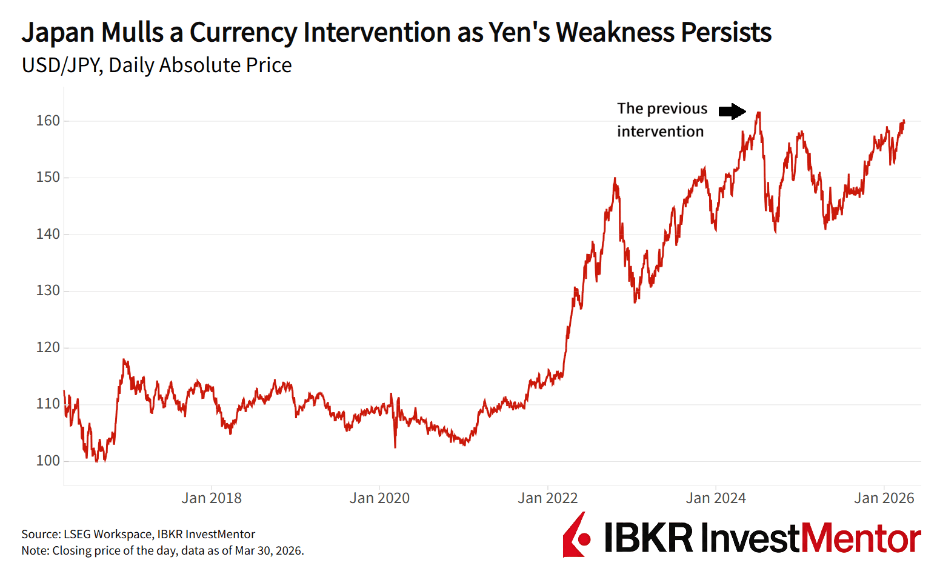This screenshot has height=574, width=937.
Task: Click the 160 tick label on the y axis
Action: click(x=48, y=121)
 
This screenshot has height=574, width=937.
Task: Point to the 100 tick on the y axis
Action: click(x=48, y=461)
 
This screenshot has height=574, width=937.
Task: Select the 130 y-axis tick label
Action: click(x=48, y=290)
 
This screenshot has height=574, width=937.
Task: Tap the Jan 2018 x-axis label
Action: click(x=212, y=498)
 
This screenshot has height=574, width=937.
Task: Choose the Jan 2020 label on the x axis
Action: click(x=379, y=498)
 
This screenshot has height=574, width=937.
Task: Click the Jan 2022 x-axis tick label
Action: click(x=548, y=498)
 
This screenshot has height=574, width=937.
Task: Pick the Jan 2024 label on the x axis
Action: click(x=716, y=498)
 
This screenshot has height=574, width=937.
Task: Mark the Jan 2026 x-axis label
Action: click(x=884, y=498)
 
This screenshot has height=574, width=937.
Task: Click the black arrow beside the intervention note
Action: click(x=732, y=111)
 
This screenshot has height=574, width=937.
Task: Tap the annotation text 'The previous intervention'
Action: click(x=662, y=120)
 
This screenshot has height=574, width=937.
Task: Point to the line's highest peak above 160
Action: click(x=758, y=113)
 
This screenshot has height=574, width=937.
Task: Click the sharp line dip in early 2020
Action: click(x=395, y=447)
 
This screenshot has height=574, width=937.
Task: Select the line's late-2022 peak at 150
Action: click(x=615, y=179)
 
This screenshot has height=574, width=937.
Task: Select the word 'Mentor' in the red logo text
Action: click(x=861, y=538)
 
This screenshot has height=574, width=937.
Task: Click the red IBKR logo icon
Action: click(x=576, y=536)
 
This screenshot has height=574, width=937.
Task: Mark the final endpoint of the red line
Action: click(x=904, y=121)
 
